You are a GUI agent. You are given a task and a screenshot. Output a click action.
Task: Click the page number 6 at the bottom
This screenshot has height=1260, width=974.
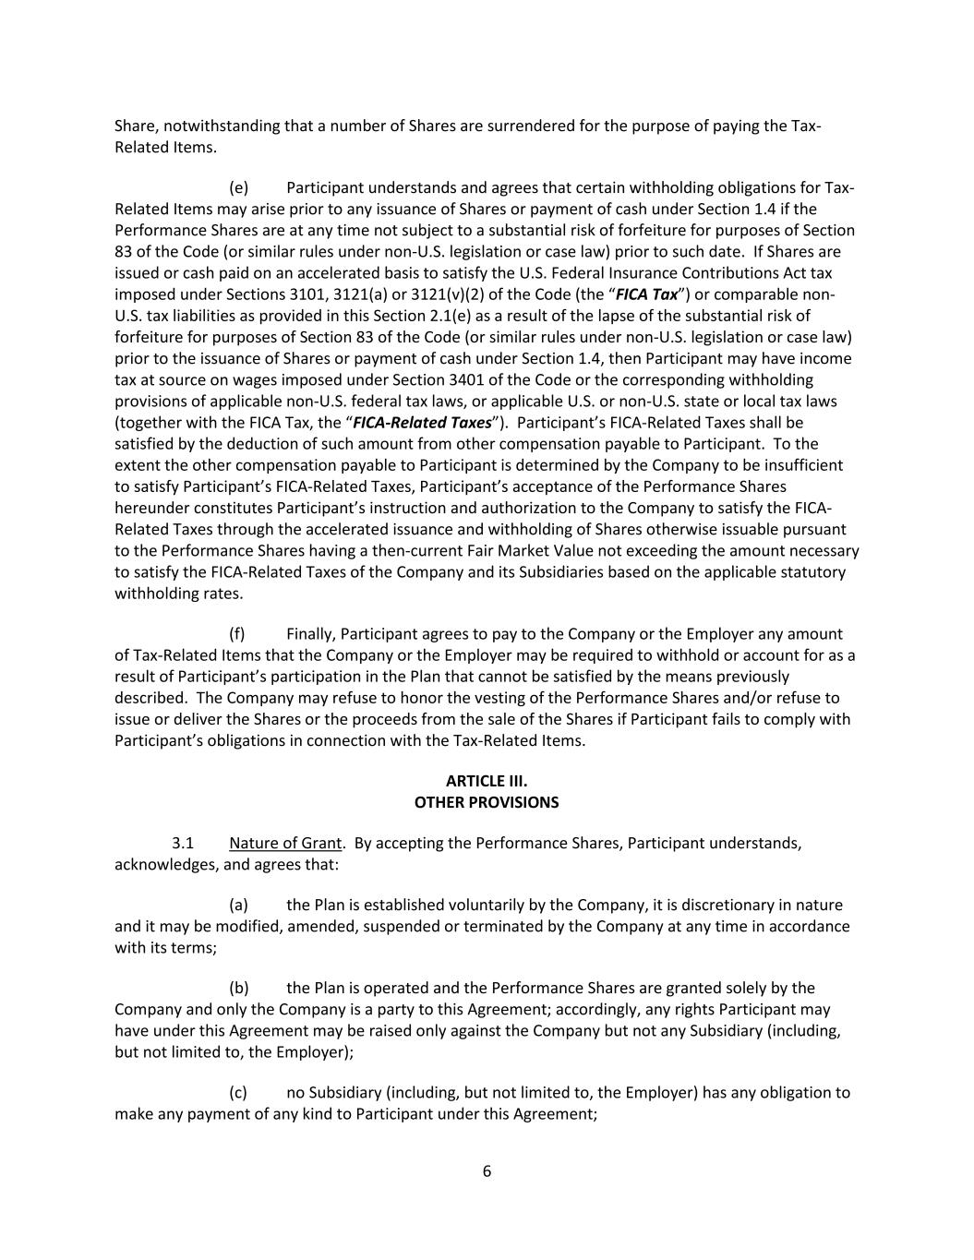click(487, 1171)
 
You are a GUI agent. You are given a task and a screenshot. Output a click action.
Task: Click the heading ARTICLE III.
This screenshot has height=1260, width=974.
click(487, 781)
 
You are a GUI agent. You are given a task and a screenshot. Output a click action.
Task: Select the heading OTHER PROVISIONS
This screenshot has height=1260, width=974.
click(487, 802)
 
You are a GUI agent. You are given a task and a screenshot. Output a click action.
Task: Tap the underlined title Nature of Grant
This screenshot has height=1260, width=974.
click(285, 843)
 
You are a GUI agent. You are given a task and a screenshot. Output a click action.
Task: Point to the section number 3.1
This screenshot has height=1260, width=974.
click(182, 843)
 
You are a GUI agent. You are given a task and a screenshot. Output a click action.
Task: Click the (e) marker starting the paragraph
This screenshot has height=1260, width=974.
click(238, 187)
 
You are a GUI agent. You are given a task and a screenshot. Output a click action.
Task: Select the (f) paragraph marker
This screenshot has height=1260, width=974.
click(237, 633)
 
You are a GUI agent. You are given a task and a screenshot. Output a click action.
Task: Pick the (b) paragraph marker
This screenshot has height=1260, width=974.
click(238, 988)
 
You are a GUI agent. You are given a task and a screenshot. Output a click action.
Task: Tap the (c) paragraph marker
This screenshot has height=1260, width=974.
click(238, 1092)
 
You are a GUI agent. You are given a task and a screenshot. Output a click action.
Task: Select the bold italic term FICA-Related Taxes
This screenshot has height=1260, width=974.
click(422, 423)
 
